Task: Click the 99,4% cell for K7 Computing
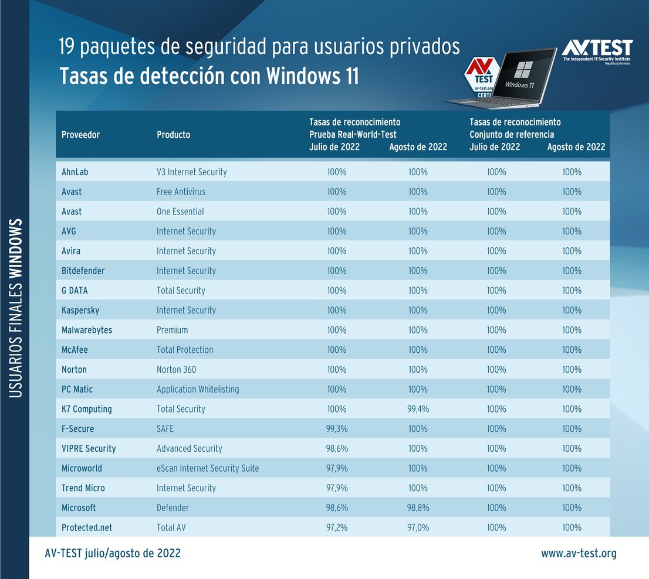pos(418,409)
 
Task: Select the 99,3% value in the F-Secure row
pos(337,429)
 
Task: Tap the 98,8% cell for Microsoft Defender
pos(418,508)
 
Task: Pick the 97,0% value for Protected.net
pos(418,527)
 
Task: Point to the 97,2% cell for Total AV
pos(337,527)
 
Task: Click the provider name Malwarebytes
pos(87,330)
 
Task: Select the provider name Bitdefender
pos(83,271)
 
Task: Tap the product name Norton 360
pos(176,369)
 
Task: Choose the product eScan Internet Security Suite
pos(208,468)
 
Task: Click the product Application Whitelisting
pos(198,389)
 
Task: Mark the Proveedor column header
pos(80,135)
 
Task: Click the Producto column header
pos(173,135)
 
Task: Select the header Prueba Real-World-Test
pos(353,134)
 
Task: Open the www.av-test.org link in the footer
pos(579,553)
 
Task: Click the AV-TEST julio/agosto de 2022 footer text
pos(113,553)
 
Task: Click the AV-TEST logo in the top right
pos(597,49)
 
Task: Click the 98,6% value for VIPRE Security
pos(337,448)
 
